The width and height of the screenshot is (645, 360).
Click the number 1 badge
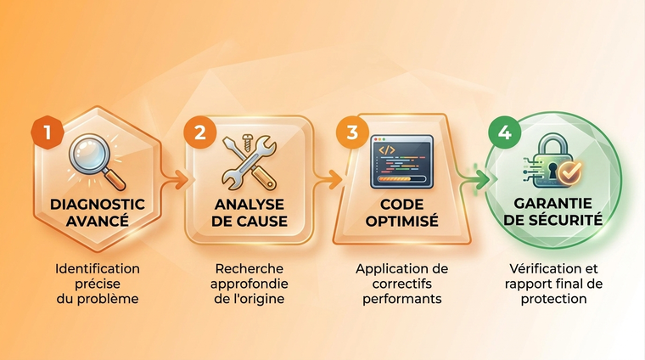tap(48, 132)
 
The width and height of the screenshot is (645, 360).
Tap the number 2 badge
tap(200, 132)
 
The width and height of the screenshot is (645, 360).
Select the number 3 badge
tap(352, 132)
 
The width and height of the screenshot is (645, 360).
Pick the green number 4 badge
tap(505, 132)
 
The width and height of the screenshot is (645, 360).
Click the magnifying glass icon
tap(97, 162)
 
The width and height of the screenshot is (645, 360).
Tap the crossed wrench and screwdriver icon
tap(250, 162)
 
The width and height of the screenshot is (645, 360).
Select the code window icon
tap(402, 161)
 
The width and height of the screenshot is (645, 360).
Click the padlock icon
tap(552, 160)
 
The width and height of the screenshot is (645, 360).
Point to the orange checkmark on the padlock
tap(569, 172)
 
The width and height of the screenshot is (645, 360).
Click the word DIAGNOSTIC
tap(98, 205)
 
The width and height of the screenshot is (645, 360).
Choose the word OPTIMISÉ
tap(402, 221)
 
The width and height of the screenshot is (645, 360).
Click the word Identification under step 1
tap(98, 268)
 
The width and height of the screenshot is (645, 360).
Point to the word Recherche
tap(250, 268)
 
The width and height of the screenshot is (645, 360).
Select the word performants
tap(402, 299)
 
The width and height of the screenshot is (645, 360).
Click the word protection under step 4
tap(553, 299)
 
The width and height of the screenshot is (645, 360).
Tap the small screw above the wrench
tap(247, 142)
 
